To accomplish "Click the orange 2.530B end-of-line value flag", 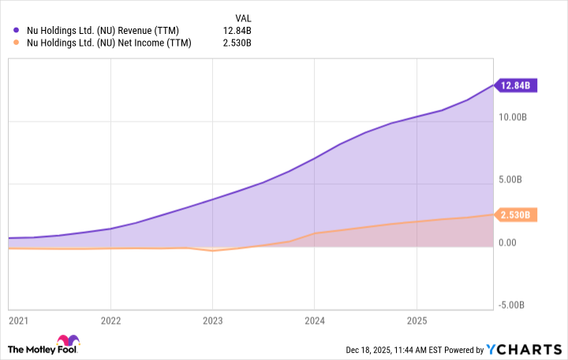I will pyautogui.click(x=516, y=215).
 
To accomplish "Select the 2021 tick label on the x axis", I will pyautogui.click(x=17, y=321).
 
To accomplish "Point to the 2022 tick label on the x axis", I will pyautogui.click(x=111, y=321).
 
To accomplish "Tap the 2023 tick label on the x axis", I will pyautogui.click(x=212, y=321).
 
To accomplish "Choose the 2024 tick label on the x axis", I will pyautogui.click(x=314, y=321).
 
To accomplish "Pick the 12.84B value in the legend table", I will pyautogui.click(x=237, y=31).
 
